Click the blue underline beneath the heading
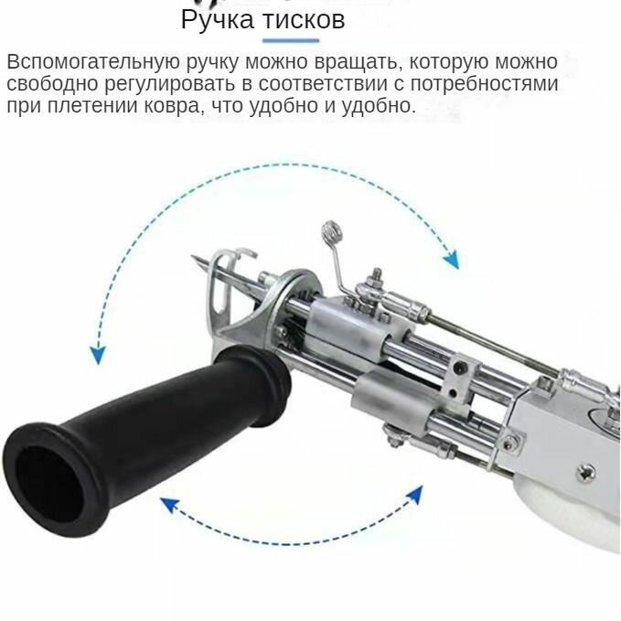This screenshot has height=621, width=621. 291,41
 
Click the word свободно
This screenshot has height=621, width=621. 51,84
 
